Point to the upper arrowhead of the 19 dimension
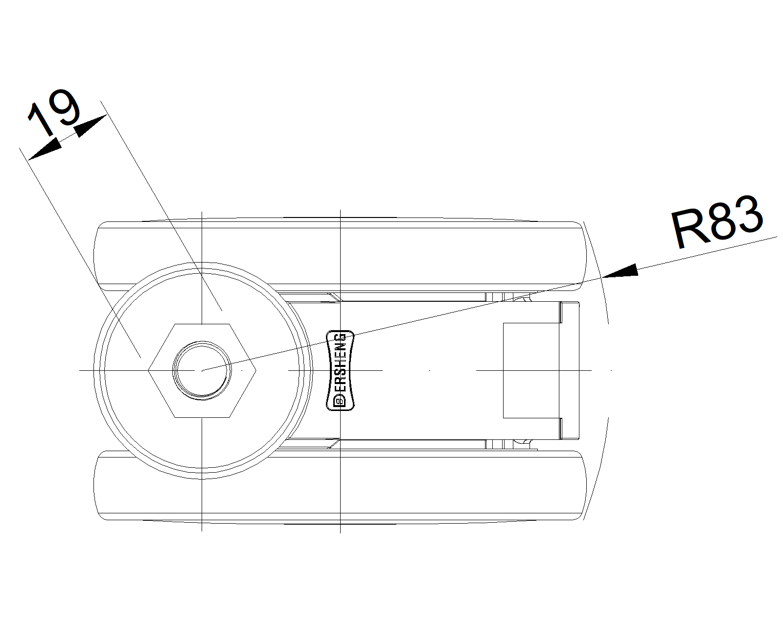91,126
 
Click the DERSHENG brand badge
340,370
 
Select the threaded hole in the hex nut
202,370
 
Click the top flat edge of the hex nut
202,324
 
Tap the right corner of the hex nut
256,370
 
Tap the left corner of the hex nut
148,370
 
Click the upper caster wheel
340,256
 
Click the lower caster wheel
340,486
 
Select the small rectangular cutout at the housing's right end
531,370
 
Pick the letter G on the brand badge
340,338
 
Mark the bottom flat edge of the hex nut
202,417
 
